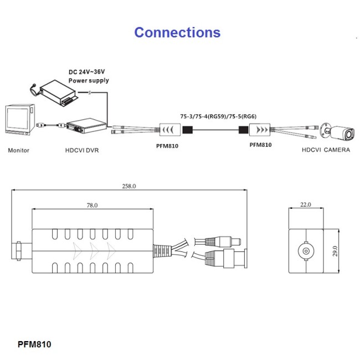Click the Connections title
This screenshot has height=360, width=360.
(177, 32)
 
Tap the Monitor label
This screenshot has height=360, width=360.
(19, 150)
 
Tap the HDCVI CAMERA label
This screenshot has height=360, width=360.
(326, 150)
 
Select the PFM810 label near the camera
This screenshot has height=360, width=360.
(261, 145)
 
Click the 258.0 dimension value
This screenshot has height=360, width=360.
(128, 186)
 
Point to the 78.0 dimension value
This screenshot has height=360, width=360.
(92, 205)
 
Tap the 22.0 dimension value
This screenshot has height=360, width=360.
(306, 205)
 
